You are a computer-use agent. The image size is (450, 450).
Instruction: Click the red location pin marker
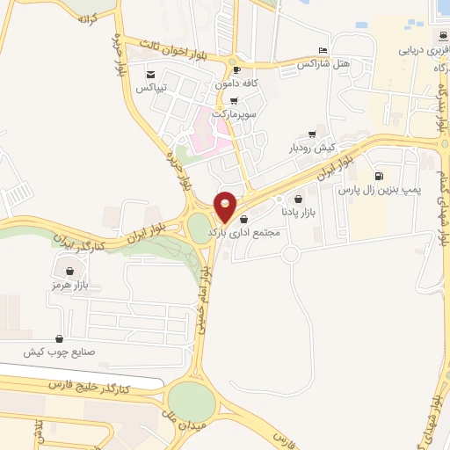coord(226,207)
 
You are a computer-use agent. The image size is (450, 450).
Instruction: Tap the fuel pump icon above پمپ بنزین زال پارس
coord(378,176)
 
